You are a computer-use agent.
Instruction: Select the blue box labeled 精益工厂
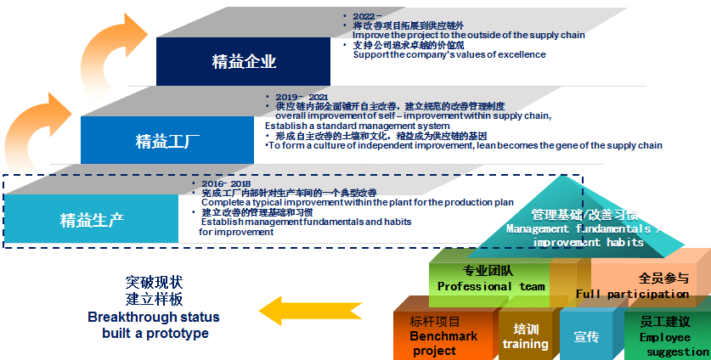pos(167,140)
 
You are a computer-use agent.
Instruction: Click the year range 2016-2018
pos(226,183)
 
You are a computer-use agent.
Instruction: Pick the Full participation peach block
pos(646,285)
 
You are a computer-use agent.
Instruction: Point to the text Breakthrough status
pos(154,317)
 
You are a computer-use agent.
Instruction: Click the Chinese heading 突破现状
pos(154,282)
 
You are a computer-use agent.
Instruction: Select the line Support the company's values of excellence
pos(449,54)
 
